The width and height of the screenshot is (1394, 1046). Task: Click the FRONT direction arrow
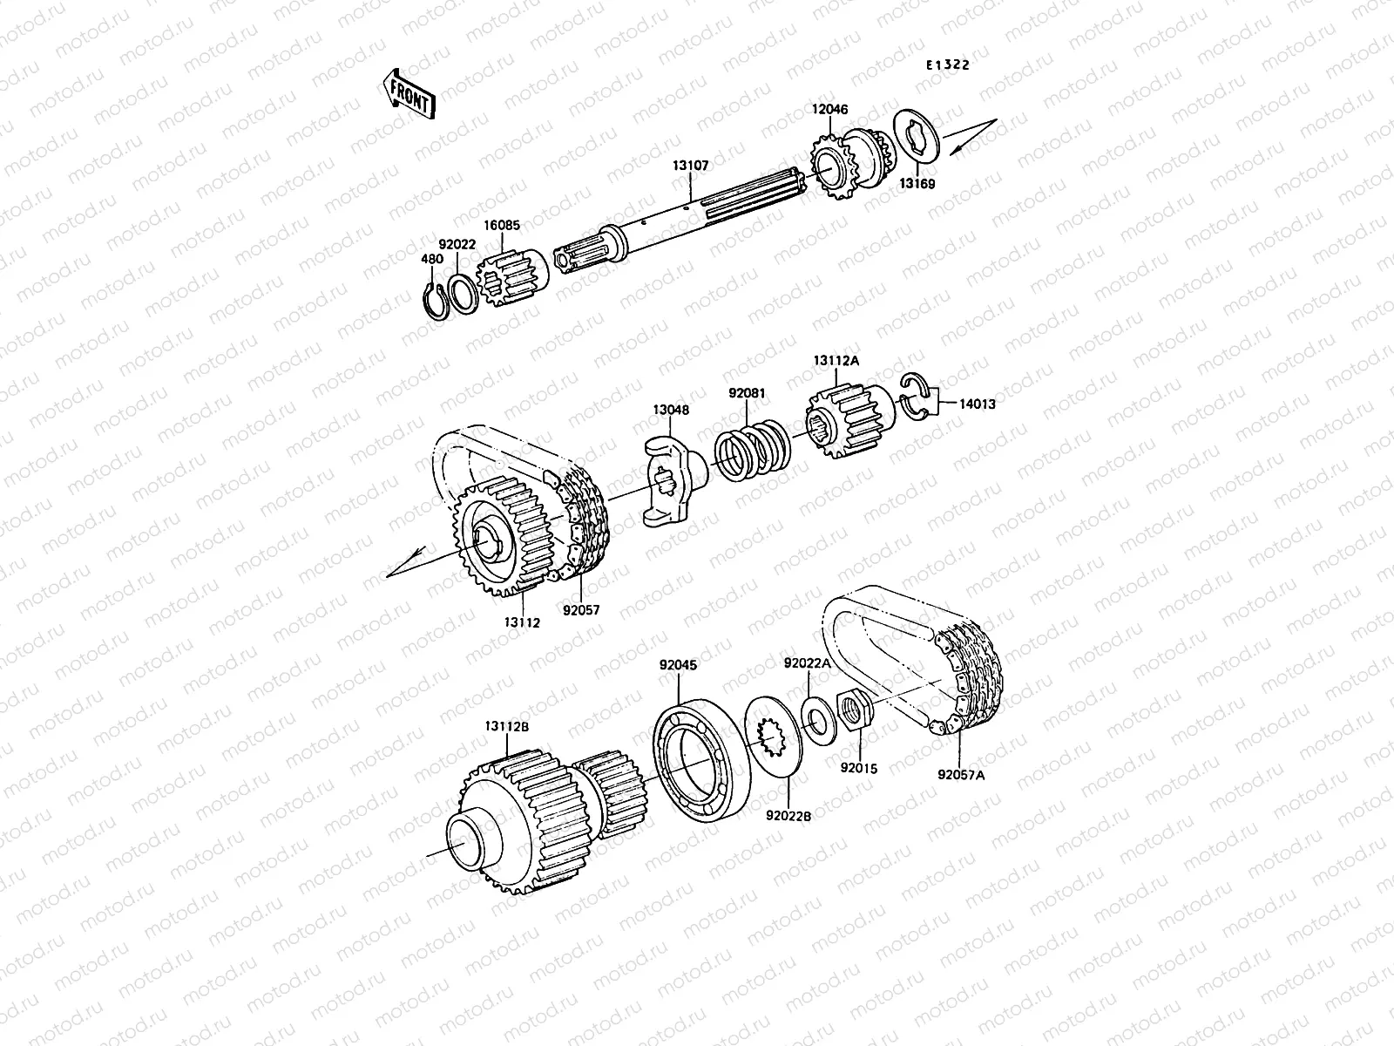click(x=407, y=93)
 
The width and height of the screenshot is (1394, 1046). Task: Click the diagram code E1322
click(x=947, y=65)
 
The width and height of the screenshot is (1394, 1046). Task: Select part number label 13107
click(x=690, y=164)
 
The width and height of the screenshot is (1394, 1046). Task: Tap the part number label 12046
click(x=830, y=110)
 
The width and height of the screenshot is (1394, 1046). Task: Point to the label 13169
click(x=917, y=184)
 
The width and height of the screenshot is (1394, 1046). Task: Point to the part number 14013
click(x=978, y=404)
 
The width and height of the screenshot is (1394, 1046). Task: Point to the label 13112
click(x=521, y=622)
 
